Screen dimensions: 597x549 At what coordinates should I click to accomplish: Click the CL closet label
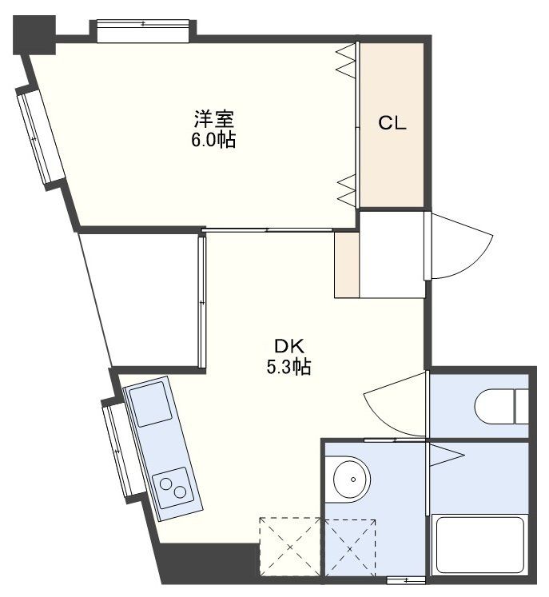[392, 123]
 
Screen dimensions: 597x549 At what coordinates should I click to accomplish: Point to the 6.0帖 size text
[213, 141]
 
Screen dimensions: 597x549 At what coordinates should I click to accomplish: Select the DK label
[289, 347]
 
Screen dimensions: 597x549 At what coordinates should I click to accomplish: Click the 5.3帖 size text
[288, 368]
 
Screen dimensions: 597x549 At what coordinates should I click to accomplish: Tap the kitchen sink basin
[151, 404]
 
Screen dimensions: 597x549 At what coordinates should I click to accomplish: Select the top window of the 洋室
[143, 30]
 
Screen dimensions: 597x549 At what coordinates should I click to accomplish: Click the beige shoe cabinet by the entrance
[347, 265]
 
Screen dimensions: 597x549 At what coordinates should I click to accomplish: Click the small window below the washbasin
[406, 579]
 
